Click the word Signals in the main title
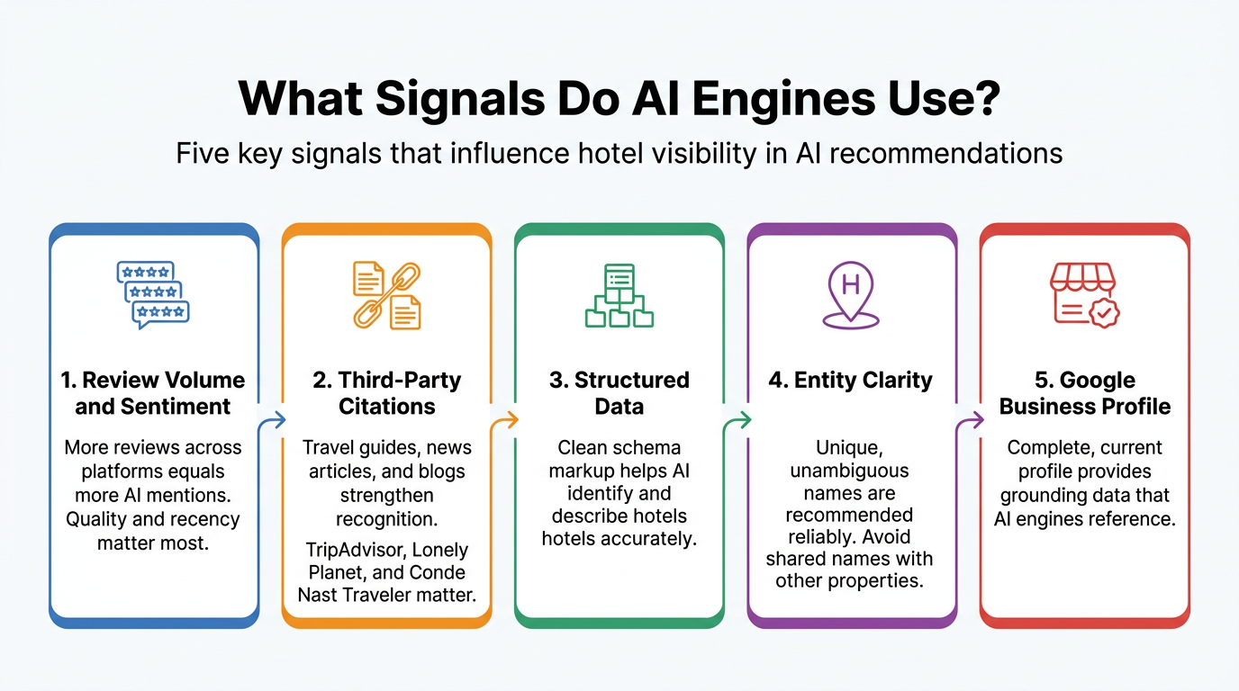click(x=459, y=99)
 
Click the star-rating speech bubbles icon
click(x=154, y=294)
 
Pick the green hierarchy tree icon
click(x=619, y=294)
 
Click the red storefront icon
click(x=1084, y=294)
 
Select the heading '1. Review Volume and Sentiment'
click(x=154, y=393)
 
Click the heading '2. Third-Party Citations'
click(x=387, y=393)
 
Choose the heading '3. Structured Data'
click(x=619, y=393)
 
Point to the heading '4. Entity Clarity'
click(x=851, y=381)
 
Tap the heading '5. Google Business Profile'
click(x=1085, y=393)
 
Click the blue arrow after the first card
click(x=274, y=419)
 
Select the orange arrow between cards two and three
click(x=507, y=419)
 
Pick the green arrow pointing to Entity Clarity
click(x=740, y=419)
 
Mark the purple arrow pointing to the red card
click(x=972, y=419)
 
